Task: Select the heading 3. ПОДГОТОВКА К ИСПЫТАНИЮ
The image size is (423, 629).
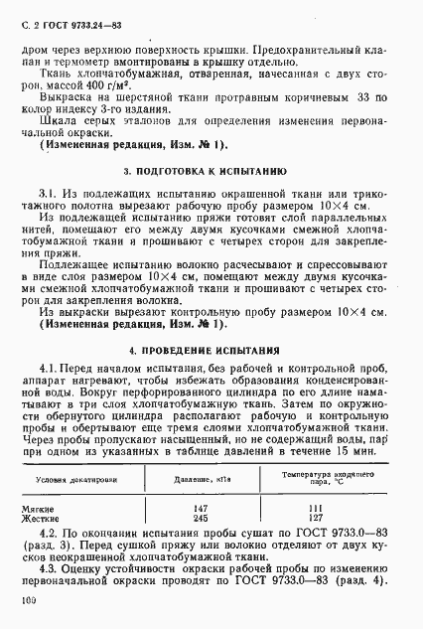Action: click(211, 171)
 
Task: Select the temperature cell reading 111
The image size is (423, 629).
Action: click(327, 507)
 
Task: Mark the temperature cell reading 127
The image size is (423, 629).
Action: click(327, 517)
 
